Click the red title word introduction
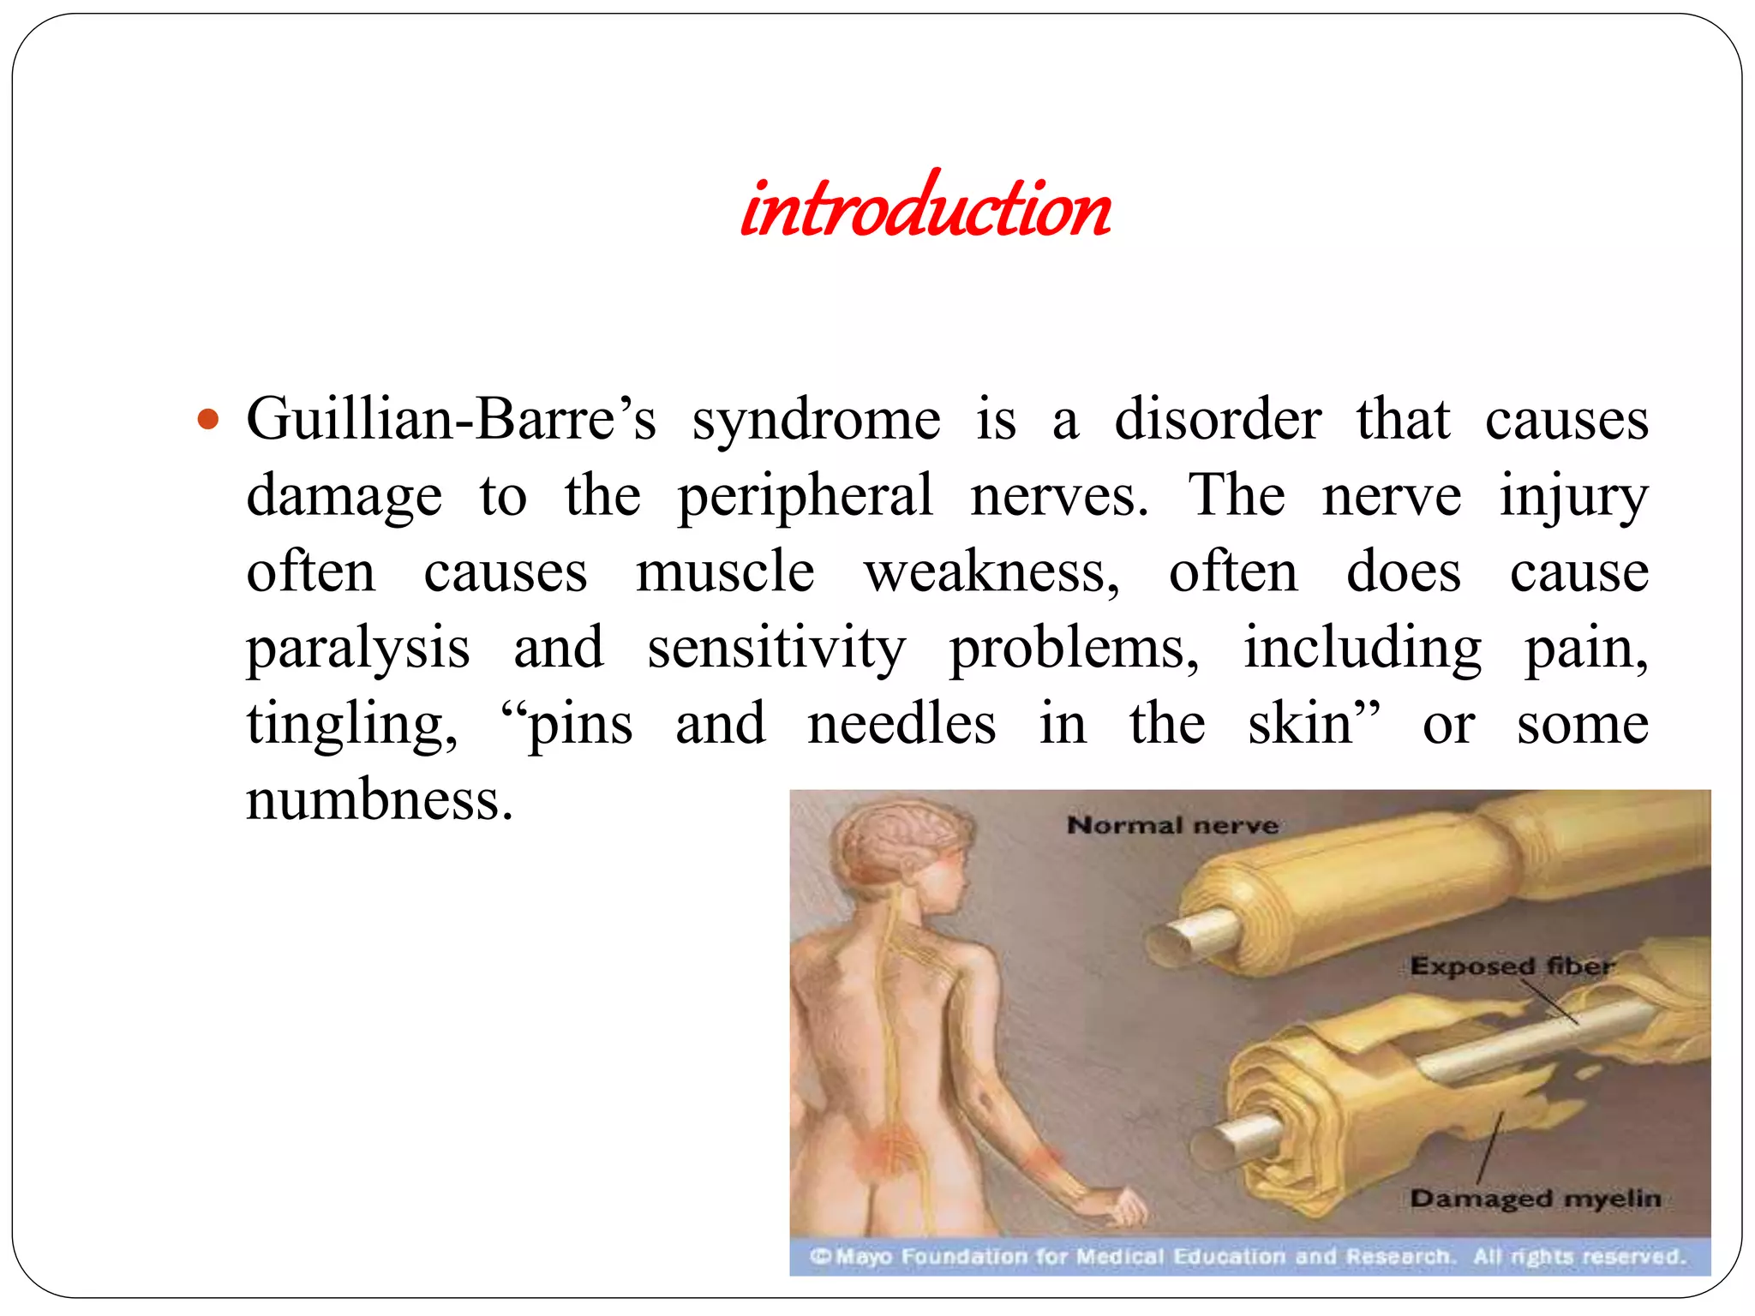pos(925,208)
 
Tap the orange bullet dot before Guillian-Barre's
pos(208,421)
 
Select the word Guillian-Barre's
pos(452,420)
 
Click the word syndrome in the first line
pos(816,421)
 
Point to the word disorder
pos(1217,420)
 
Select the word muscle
pos(725,571)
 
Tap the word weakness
pos(991,571)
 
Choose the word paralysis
pos(358,649)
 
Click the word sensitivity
pos(776,649)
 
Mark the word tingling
pos(352,725)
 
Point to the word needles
pos(901,724)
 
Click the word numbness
pos(379,799)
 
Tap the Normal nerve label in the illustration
pos(1172,825)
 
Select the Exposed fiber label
pos(1512,966)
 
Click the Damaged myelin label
pos(1536,1198)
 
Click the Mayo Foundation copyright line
pos(1248,1256)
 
